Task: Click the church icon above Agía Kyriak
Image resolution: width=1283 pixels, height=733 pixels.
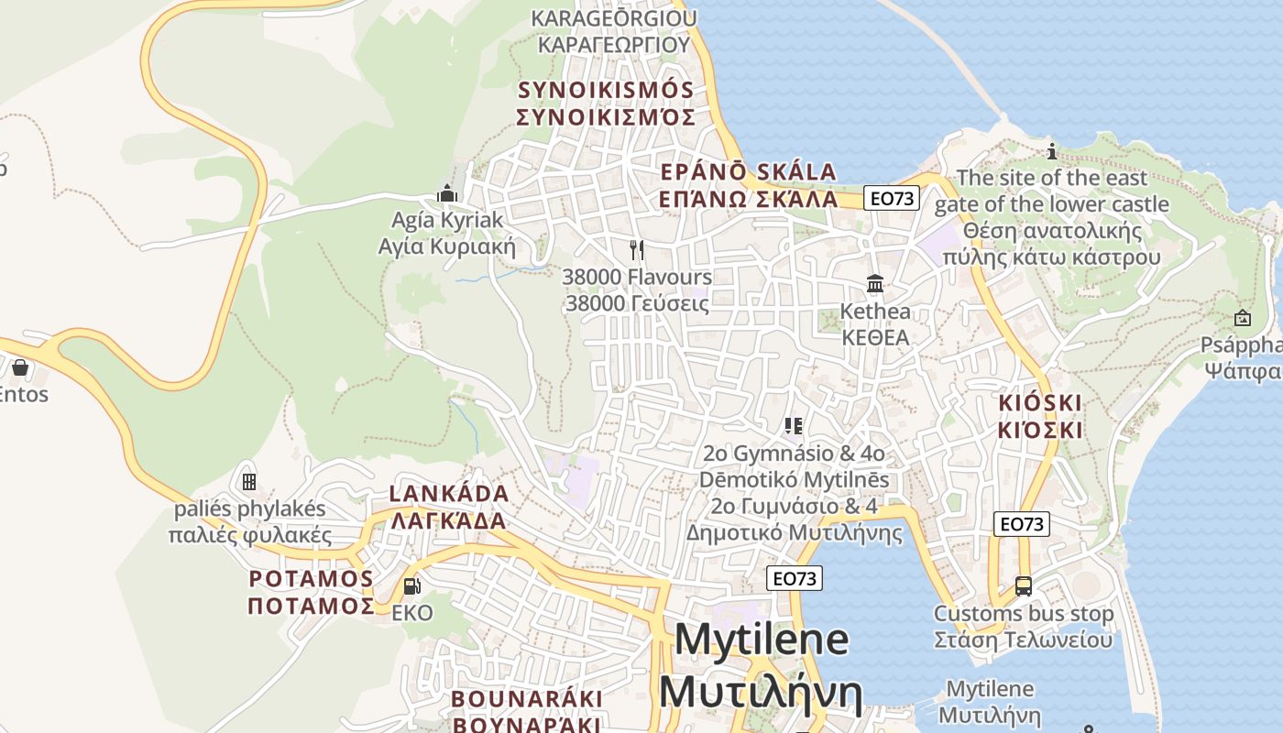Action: coord(447,193)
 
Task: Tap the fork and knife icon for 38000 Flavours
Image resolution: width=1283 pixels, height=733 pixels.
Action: coord(637,249)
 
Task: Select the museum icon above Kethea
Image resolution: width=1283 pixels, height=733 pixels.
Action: coord(875,284)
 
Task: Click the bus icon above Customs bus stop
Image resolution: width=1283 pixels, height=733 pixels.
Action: coord(1024,586)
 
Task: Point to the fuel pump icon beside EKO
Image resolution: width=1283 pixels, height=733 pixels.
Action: coord(412,586)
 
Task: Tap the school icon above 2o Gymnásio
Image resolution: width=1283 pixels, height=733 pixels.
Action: coord(794,426)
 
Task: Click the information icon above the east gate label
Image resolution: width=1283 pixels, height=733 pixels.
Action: coord(1052,151)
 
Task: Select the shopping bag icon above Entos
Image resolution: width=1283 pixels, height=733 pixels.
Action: coord(20,368)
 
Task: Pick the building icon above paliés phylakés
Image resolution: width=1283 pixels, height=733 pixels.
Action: coord(248,482)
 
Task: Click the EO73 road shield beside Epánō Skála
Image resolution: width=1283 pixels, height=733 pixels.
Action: coord(892,199)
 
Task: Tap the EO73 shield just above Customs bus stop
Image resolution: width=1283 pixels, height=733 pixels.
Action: coord(1022,524)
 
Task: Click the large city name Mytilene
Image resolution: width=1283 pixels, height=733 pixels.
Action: coord(762,639)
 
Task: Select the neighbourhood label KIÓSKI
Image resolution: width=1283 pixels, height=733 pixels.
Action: coord(1040,403)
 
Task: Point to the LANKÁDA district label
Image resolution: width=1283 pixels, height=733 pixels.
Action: coord(449,494)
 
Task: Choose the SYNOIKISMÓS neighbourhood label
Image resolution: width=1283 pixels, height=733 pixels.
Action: coord(606,91)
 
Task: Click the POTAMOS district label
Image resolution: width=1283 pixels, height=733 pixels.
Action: coord(312,579)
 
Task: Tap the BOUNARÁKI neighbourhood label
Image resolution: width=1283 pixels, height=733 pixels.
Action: coord(527,699)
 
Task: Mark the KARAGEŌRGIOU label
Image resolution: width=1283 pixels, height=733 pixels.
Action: coord(614,18)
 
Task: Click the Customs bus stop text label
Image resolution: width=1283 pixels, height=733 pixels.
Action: coord(1024,614)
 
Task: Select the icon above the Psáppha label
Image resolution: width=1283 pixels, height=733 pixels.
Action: coord(1243,319)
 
